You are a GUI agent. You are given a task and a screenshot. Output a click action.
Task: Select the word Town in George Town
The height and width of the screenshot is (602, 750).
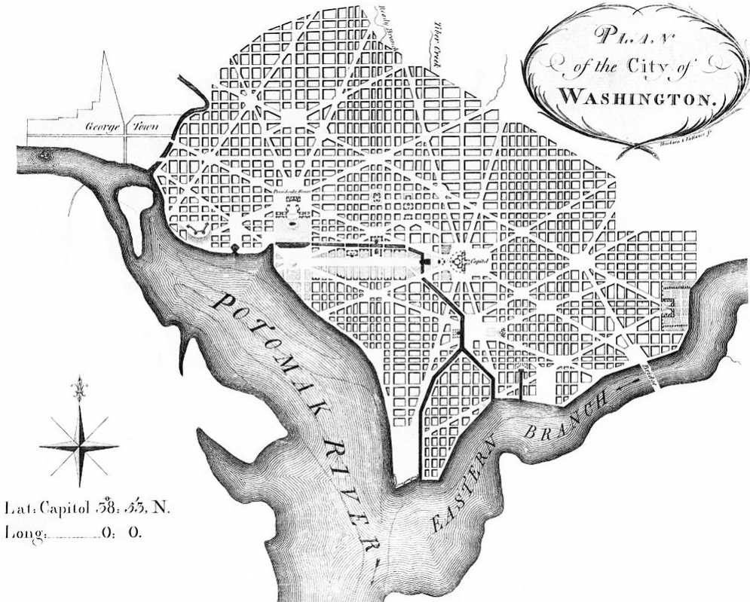[146, 127]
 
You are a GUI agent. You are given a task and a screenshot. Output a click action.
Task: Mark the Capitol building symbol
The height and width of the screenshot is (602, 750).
[459, 261]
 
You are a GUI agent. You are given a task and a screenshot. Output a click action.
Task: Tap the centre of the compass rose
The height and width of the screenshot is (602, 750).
[79, 446]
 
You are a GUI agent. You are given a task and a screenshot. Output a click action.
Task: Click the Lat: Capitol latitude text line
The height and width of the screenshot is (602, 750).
[87, 507]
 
